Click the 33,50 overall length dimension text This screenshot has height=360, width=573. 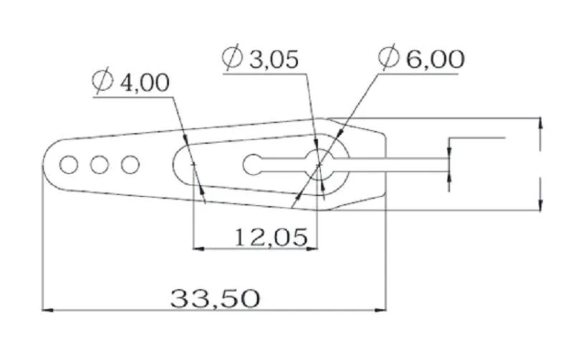click(x=214, y=298)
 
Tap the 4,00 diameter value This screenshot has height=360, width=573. click(x=145, y=82)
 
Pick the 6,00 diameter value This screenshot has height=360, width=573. click(x=435, y=59)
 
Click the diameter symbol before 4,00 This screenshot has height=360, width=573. click(x=103, y=82)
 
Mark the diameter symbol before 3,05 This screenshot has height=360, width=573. click(x=233, y=58)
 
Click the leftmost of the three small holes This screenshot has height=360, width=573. click(x=69, y=165)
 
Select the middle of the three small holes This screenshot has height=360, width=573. click(x=99, y=165)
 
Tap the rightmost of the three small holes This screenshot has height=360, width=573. click(x=130, y=165)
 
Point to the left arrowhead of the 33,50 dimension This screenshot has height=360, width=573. click(x=47, y=311)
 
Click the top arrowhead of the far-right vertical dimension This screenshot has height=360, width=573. click(x=539, y=122)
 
